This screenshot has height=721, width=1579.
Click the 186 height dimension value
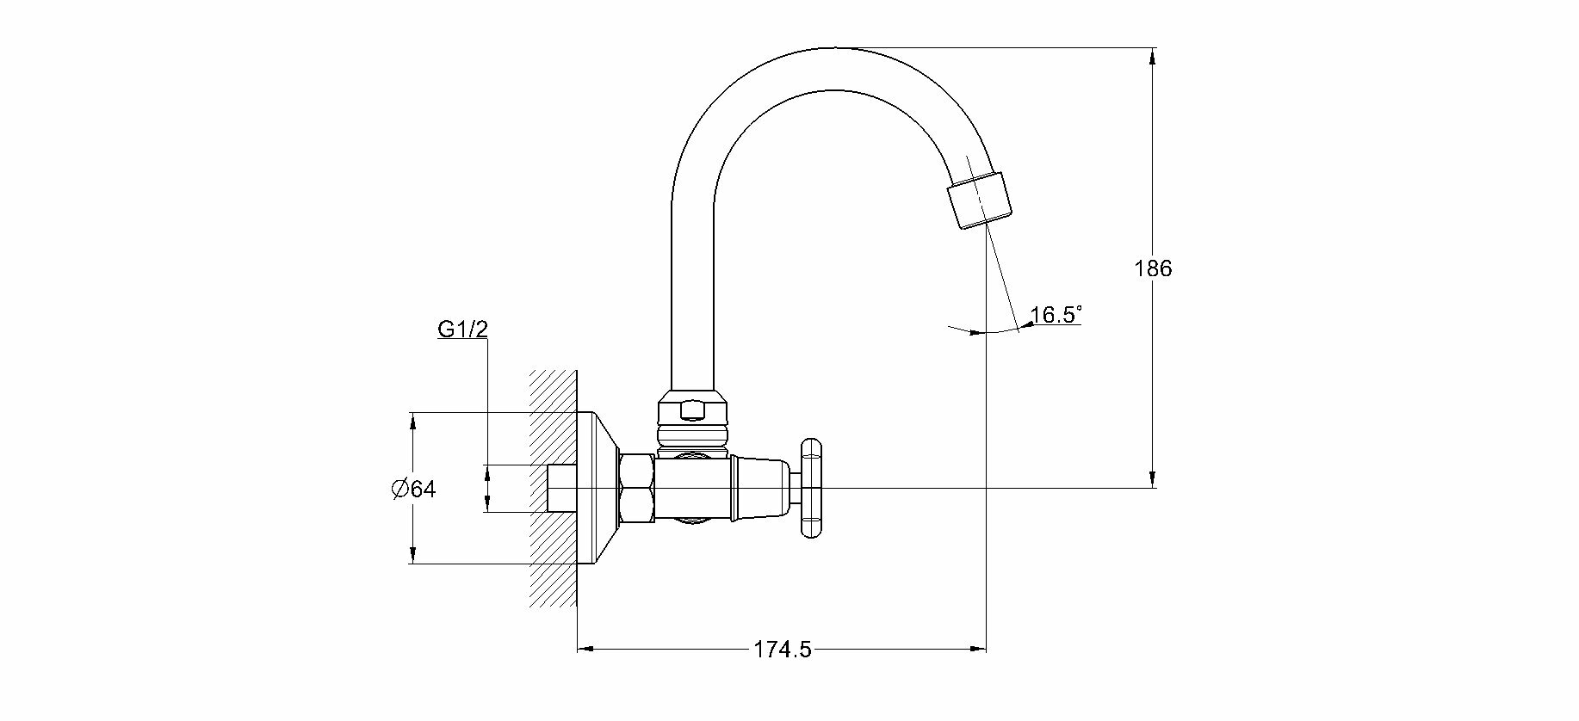1153,268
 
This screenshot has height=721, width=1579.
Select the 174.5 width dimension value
783,650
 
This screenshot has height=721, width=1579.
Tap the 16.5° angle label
1056,315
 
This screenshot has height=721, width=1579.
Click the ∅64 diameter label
413,490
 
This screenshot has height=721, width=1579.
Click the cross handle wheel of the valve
811,489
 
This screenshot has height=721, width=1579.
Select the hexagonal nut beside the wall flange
636,489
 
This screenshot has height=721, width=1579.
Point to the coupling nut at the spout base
690,411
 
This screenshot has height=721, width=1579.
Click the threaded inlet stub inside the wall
561,489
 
